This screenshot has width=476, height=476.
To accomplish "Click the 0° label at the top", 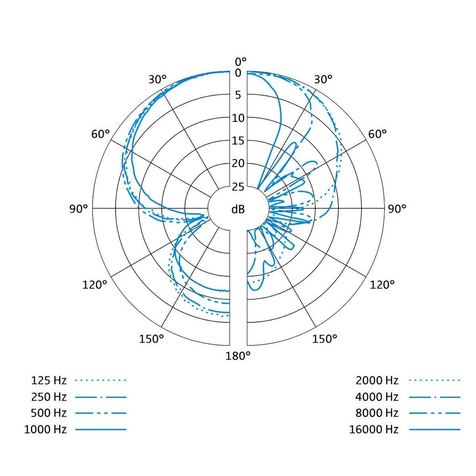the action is pos(241,61).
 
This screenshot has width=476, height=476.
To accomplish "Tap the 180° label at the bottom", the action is pos(238,356).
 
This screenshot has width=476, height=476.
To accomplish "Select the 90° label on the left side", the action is pos(79,209).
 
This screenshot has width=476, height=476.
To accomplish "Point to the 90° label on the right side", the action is pos(397,209).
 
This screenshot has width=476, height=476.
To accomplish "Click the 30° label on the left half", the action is pos(157,80).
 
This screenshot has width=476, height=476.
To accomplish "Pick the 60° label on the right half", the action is pos(378,134).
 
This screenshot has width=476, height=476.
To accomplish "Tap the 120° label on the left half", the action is pos(95,285).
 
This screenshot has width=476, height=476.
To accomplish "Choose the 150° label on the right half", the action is pos(324,339).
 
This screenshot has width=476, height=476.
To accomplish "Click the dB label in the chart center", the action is pos(238,209).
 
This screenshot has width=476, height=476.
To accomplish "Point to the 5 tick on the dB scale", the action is pos(238,95).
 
